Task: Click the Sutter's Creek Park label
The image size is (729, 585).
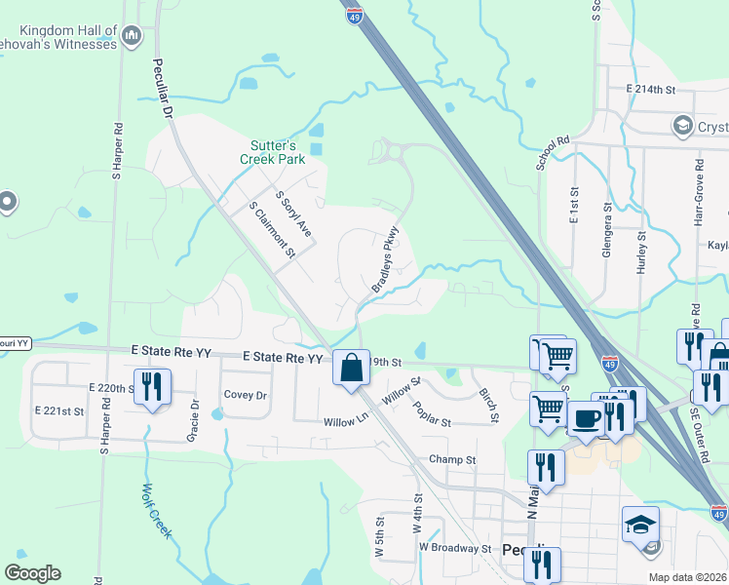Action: point(273,152)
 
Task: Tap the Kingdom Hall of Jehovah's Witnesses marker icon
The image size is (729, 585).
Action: point(134,38)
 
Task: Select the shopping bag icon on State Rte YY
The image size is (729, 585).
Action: point(351,369)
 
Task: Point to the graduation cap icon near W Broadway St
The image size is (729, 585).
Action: point(639,525)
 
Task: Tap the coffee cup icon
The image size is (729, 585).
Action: point(586,418)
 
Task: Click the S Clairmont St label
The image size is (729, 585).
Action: point(272,229)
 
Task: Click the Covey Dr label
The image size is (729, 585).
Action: point(246,395)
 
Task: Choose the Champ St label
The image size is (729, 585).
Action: point(452,459)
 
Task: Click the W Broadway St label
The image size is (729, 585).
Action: point(455,548)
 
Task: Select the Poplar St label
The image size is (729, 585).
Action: point(432,415)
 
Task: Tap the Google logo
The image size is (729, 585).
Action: point(32,573)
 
